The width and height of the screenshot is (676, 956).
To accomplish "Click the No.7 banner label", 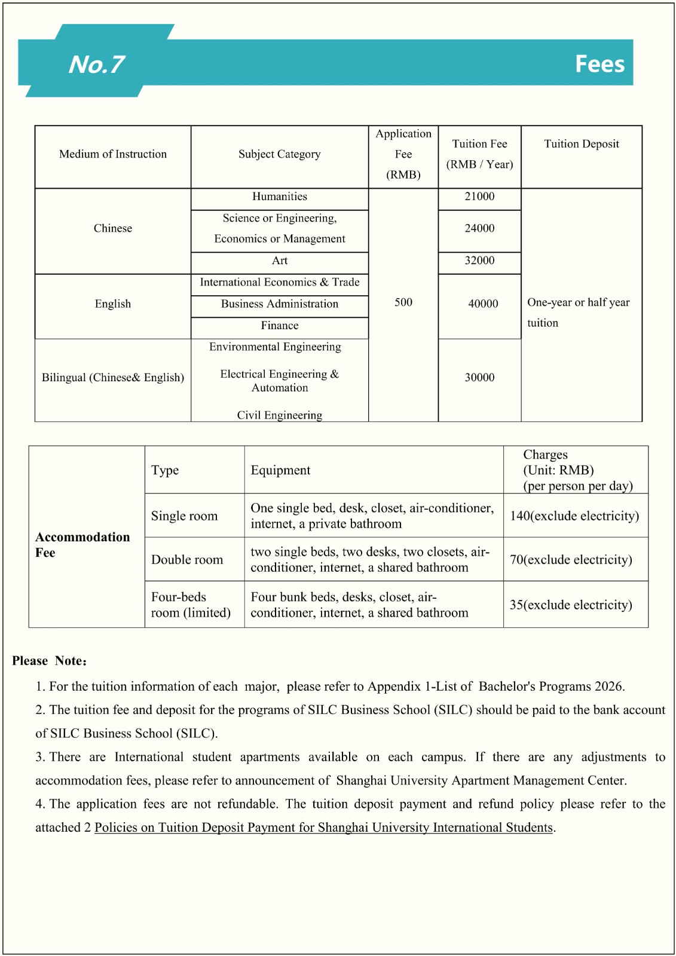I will (96, 65).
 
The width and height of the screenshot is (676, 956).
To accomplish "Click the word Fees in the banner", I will (599, 64).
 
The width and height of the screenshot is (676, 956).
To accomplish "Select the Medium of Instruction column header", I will (113, 154).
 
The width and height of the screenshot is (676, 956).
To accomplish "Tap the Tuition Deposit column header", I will (581, 144).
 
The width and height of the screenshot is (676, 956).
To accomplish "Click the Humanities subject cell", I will (279, 197).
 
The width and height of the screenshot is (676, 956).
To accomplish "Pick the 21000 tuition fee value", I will (479, 197).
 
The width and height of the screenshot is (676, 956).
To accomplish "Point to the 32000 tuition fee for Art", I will (479, 261).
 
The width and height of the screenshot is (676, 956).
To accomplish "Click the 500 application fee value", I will (403, 302).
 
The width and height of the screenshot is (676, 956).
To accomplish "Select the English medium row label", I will (112, 304).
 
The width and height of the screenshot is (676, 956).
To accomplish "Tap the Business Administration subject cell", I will (279, 304).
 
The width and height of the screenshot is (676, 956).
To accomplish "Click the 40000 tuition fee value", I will (483, 304).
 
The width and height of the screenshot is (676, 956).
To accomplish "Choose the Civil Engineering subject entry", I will (279, 415).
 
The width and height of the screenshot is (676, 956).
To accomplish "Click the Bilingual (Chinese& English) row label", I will (112, 378).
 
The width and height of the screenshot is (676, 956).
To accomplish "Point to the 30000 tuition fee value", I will (479, 378).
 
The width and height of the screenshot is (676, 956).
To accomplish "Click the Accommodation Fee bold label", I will (82, 544).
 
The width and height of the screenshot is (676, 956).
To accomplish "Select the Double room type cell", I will (186, 560).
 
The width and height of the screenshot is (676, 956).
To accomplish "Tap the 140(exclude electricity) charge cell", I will (574, 516).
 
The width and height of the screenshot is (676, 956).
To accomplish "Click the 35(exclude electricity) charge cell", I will (570, 605).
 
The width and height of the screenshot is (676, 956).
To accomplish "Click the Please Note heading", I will (49, 661).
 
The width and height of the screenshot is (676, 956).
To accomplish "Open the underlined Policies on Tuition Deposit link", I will (323, 828).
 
